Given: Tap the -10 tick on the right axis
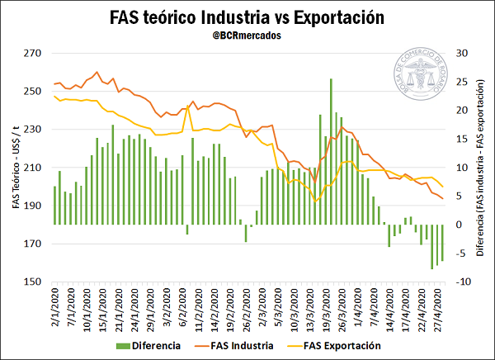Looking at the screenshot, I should pos(463,282).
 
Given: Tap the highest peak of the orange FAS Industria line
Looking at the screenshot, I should pos(97,72).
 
